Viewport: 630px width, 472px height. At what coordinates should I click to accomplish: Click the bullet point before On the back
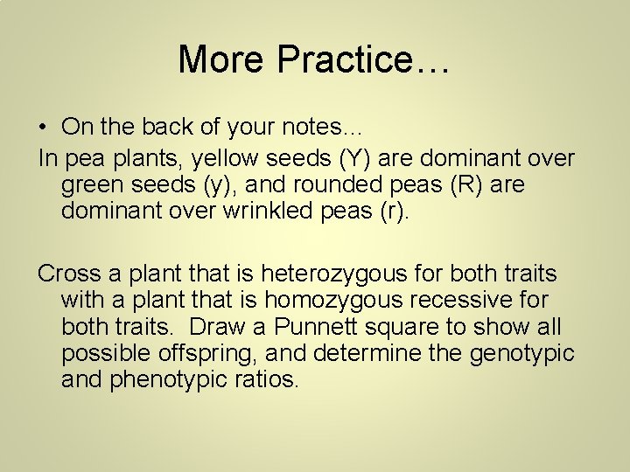(x=43, y=128)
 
